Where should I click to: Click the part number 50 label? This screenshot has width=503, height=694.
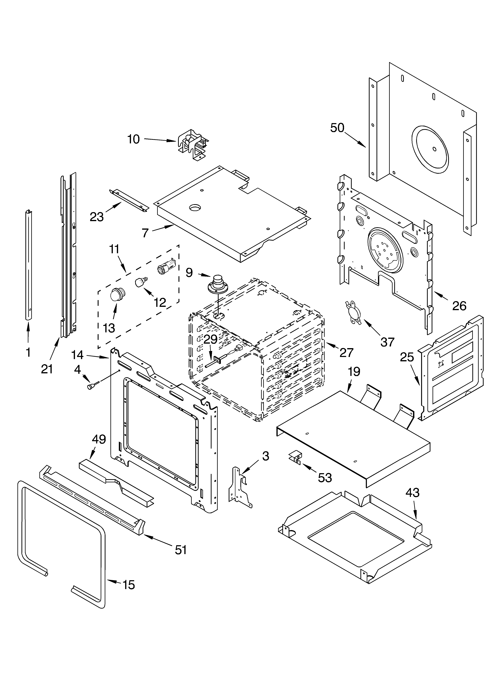click(x=337, y=128)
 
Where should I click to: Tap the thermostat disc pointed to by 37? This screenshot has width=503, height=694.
click(x=353, y=312)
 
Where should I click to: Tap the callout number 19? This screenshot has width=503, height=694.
click(x=354, y=372)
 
